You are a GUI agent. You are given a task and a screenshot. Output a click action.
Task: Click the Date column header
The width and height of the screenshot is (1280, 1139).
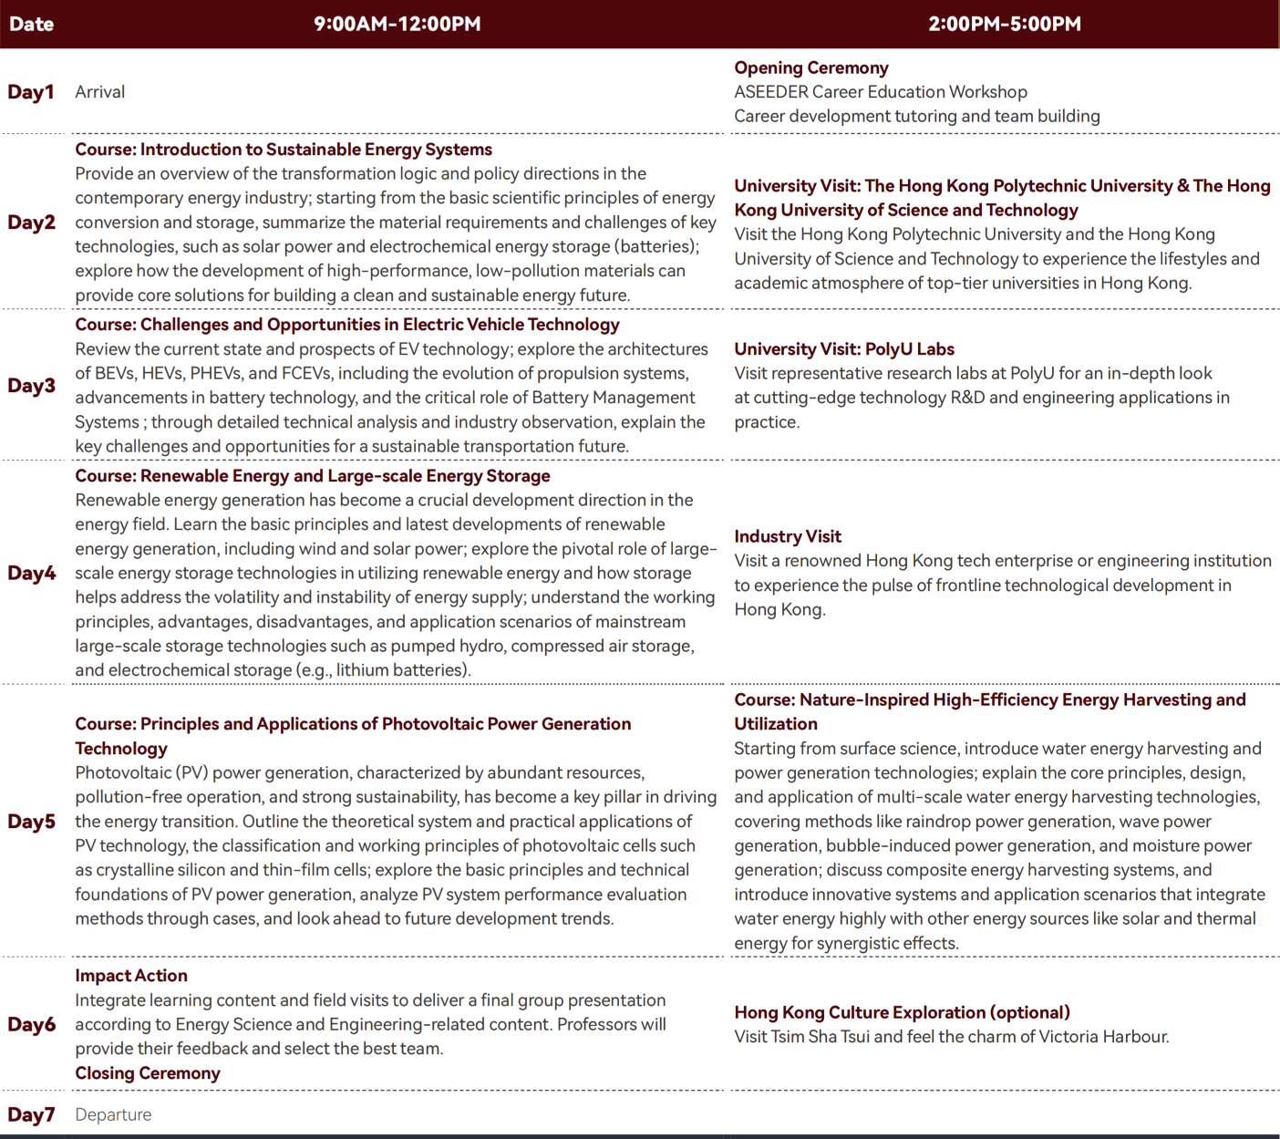[31, 24]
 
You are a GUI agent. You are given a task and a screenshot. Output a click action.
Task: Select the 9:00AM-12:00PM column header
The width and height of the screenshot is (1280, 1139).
[397, 24]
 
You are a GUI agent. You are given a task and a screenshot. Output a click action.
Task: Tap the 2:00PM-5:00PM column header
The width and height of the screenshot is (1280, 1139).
[1004, 24]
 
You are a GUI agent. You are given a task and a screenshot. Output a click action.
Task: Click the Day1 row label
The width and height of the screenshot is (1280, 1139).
[31, 92]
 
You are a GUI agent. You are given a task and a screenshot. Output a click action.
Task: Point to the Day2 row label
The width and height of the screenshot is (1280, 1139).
[31, 223]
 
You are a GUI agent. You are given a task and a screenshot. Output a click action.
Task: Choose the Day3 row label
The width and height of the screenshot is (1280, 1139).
[31, 386]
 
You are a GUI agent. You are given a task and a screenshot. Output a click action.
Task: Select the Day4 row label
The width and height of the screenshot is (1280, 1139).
[31, 573]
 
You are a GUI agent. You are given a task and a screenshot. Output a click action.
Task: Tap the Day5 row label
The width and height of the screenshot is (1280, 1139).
[31, 822]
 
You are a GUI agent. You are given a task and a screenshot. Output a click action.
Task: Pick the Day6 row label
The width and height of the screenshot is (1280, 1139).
[31, 1025]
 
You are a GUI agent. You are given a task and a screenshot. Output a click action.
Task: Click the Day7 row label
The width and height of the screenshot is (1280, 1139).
[31, 1114]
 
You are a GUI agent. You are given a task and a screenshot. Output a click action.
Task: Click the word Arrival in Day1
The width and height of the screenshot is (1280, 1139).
[99, 92]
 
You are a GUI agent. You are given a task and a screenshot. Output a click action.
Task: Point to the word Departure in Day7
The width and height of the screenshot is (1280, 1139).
[113, 1114]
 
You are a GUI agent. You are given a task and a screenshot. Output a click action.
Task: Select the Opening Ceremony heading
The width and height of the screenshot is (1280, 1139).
[810, 67]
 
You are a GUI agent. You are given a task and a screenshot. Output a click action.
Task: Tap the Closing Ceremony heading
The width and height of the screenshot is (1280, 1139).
[147, 1073]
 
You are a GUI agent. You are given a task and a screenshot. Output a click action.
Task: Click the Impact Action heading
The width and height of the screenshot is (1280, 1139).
[130, 976]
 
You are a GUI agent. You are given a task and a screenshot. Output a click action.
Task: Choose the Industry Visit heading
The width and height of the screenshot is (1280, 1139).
[787, 536]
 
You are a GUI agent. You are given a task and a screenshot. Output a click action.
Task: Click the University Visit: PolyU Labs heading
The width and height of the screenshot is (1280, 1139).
[843, 349]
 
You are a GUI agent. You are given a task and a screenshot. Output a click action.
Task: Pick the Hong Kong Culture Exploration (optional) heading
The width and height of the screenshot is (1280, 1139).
[902, 1012]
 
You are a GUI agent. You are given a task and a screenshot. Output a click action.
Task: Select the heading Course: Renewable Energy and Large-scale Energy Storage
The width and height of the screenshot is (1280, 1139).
[312, 476]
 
